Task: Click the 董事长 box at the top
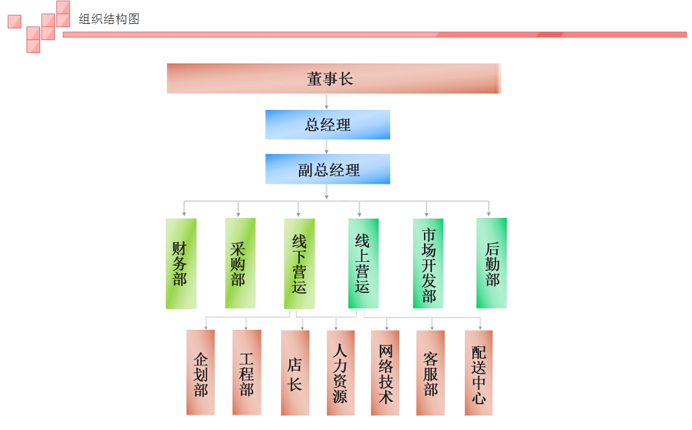(333, 78)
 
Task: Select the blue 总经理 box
(328, 124)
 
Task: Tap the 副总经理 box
(328, 169)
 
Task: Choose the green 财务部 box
(181, 263)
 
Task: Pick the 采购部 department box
(240, 263)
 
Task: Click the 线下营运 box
(299, 263)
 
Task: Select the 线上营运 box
(363, 263)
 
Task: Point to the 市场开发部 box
(428, 263)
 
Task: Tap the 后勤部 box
(491, 263)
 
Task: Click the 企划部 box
(201, 372)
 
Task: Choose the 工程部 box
(247, 372)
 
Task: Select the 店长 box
(295, 372)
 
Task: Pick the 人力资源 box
(340, 372)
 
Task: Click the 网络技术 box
(385, 372)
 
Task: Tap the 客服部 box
(430, 372)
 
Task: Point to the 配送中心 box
(478, 372)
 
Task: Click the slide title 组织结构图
(109, 19)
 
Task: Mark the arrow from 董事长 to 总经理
(326, 102)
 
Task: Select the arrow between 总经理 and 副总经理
(326, 147)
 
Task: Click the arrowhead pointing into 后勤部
(489, 213)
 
